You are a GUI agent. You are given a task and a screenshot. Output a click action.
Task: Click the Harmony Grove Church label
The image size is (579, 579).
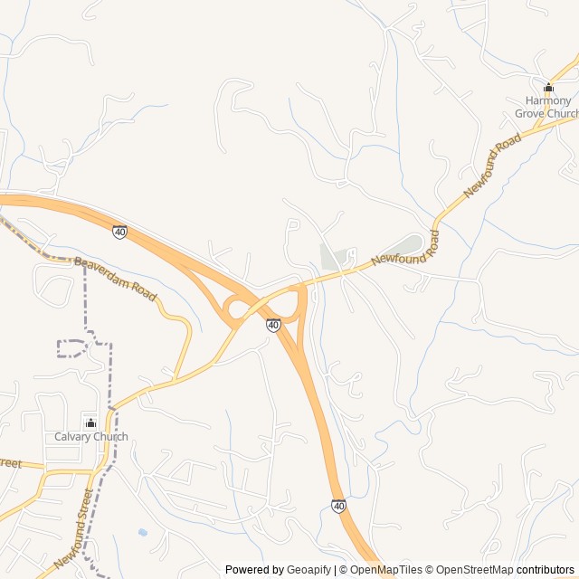[x=546, y=107]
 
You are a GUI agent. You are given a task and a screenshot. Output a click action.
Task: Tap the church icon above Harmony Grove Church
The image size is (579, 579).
[x=548, y=88]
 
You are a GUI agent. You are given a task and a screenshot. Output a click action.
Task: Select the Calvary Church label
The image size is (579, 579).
[x=90, y=437]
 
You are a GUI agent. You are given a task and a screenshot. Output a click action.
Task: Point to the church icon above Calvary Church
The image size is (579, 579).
[x=90, y=422]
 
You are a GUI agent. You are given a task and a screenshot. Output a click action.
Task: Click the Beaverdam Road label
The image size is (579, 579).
[x=116, y=280]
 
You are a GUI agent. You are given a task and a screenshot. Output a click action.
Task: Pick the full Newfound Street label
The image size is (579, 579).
[x=73, y=529]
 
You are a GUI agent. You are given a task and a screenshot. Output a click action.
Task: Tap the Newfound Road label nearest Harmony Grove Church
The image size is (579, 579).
[x=493, y=166]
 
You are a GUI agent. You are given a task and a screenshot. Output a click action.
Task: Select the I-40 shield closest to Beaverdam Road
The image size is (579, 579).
[x=120, y=233]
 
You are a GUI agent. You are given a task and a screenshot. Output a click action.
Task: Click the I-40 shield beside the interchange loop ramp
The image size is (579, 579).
[x=273, y=324]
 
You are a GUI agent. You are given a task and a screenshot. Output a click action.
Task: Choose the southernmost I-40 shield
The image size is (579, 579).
[x=338, y=507]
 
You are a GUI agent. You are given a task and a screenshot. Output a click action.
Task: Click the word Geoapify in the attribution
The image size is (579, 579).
[x=310, y=570]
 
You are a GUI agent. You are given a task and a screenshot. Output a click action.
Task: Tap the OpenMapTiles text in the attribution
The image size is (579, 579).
[x=385, y=570]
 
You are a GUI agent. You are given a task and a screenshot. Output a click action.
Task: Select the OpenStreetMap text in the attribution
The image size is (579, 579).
[x=475, y=570]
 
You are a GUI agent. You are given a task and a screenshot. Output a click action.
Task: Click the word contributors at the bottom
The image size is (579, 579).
[x=546, y=570]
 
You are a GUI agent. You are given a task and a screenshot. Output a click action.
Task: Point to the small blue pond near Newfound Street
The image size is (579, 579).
[x=142, y=533]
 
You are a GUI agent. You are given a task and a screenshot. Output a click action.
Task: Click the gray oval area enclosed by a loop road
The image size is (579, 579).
[x=403, y=243]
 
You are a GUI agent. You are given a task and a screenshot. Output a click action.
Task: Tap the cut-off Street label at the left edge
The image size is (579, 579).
[x=10, y=464]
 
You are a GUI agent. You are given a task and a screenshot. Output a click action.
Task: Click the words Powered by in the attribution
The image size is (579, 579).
[x=254, y=570]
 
